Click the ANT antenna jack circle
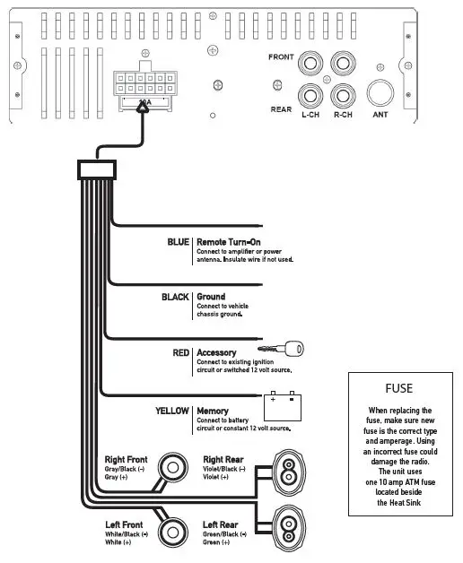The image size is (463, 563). [x=377, y=94]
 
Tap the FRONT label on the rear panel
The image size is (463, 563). [x=282, y=57]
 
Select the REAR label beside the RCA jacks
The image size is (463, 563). [x=281, y=109]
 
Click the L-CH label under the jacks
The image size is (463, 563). [x=311, y=116]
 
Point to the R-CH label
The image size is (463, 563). [x=342, y=116]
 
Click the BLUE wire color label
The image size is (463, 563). [x=178, y=242]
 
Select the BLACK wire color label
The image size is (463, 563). [x=175, y=297]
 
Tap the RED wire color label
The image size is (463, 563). [x=180, y=352]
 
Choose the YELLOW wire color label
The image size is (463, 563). [x=170, y=411]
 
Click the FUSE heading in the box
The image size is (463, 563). [x=398, y=388]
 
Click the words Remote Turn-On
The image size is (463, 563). [x=228, y=242]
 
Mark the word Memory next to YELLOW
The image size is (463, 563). [x=212, y=411]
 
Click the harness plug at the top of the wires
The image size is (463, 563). [x=96, y=168]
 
